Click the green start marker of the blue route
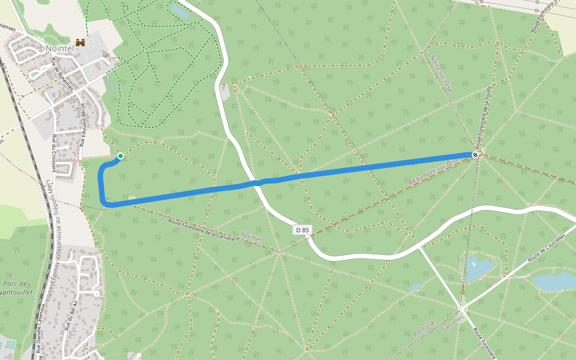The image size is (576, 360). tap(120, 156)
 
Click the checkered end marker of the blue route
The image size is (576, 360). tap(475, 155)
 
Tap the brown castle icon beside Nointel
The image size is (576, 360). tap(80, 43)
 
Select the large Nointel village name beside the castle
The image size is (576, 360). tap(59, 47)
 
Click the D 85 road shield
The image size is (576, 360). tap(303, 230)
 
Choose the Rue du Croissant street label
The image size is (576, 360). tap(53, 152)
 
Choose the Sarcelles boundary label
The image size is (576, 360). tap(453, 324)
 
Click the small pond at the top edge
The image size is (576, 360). tap(179, 11)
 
